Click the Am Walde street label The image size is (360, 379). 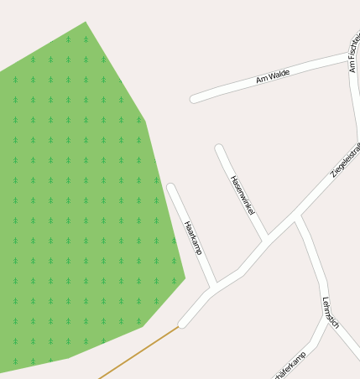point(273,77)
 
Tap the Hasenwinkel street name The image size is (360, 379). point(242,195)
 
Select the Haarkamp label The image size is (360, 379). point(193,237)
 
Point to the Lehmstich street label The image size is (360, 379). point(330,312)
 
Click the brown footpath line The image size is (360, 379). point(138,352)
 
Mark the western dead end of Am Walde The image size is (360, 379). point(195,99)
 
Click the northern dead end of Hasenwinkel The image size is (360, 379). point(219,148)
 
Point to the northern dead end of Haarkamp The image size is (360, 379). point(171,187)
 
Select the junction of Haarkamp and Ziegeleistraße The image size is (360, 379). point(214,288)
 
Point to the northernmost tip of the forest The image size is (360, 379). point(86,23)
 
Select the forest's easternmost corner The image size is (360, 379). point(185,277)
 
